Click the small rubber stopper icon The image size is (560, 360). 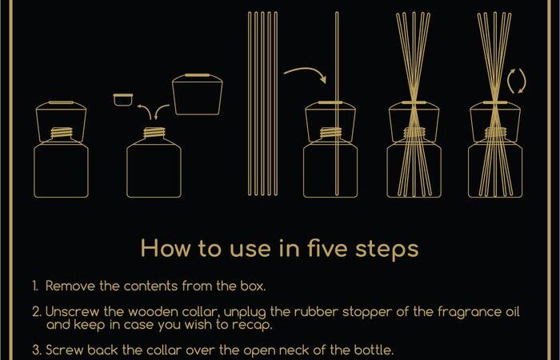(123, 100)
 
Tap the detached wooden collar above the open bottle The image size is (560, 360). (197, 94)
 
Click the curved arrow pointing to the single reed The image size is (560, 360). (306, 74)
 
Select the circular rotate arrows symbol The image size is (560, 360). (517, 81)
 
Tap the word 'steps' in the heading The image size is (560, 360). (386, 249)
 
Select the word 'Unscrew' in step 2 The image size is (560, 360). (73, 312)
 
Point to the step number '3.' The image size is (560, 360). (37, 350)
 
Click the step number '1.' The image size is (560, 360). (35, 286)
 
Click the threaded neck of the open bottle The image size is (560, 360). (154, 133)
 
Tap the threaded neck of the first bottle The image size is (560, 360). (62, 133)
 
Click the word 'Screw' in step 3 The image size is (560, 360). (64, 350)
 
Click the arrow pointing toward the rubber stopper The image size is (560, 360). (146, 110)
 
